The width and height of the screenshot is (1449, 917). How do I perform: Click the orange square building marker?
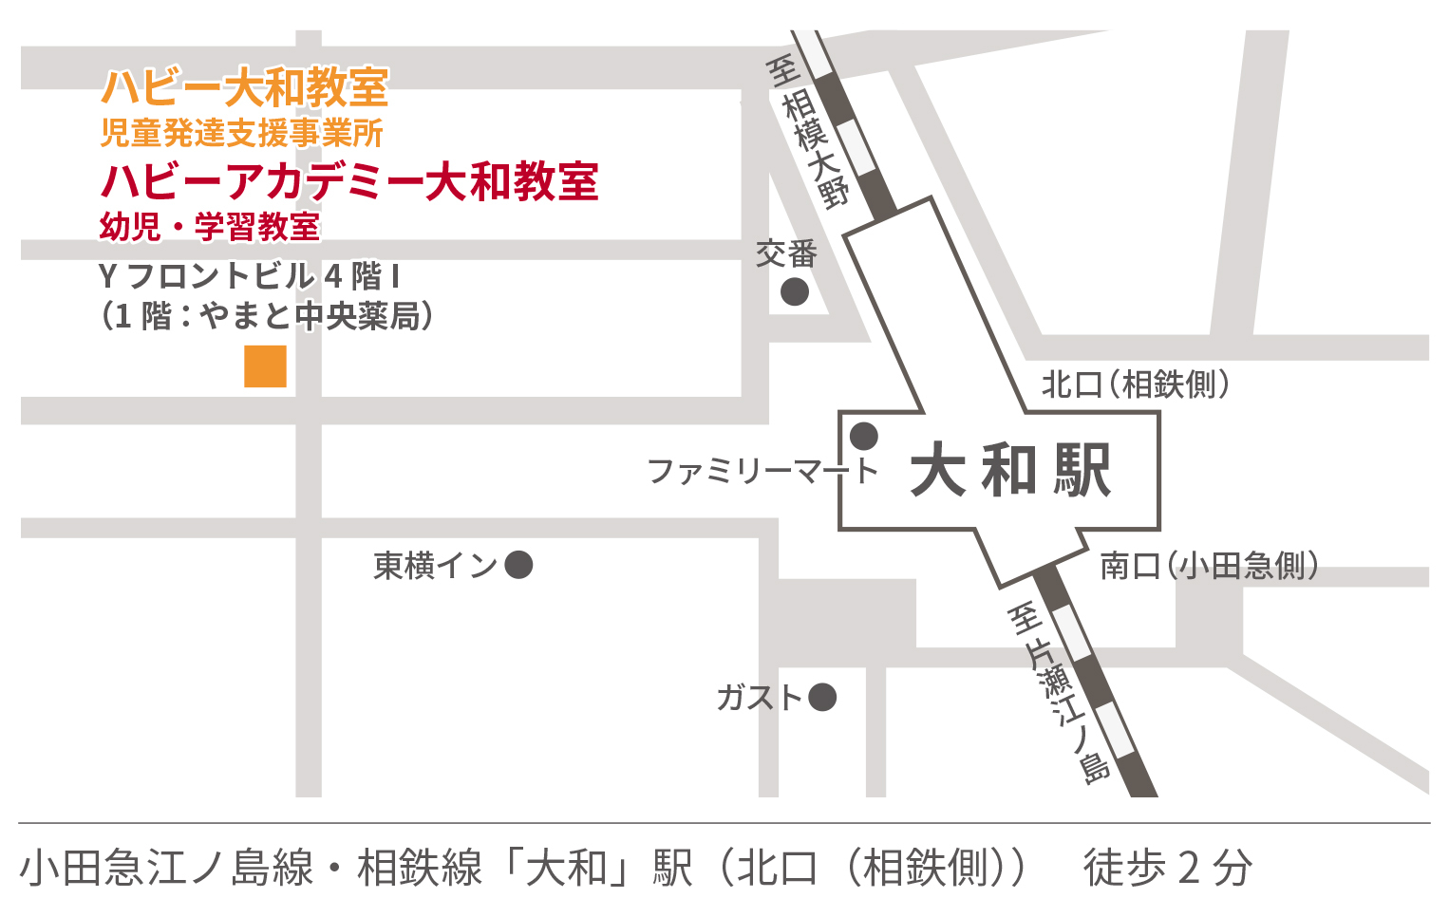click(x=265, y=366)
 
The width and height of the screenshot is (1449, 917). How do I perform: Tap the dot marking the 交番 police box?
click(x=795, y=291)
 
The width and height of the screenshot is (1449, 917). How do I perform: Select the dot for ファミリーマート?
click(x=863, y=437)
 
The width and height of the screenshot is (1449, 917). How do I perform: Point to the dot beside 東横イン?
click(x=518, y=566)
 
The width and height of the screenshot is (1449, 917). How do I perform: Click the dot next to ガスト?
click(x=822, y=698)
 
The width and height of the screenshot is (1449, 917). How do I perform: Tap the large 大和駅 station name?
click(x=1010, y=470)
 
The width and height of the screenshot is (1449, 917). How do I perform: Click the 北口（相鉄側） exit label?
click(x=1135, y=384)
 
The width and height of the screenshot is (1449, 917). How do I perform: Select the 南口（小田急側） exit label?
click(x=1209, y=566)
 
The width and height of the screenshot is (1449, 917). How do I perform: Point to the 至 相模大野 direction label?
click(x=807, y=133)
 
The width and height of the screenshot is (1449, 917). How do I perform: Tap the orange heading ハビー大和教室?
click(x=244, y=88)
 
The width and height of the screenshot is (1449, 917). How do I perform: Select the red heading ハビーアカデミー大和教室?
click(x=348, y=180)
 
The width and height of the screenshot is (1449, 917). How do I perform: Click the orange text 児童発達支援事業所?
click(x=241, y=134)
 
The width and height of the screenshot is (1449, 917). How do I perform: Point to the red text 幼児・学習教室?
click(x=209, y=227)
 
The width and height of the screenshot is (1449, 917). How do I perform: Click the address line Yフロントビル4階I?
click(x=249, y=276)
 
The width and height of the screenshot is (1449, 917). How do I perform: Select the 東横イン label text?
click(x=435, y=566)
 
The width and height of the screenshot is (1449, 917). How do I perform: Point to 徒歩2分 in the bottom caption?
click(x=1168, y=868)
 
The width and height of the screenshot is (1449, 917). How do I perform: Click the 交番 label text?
click(x=786, y=254)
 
